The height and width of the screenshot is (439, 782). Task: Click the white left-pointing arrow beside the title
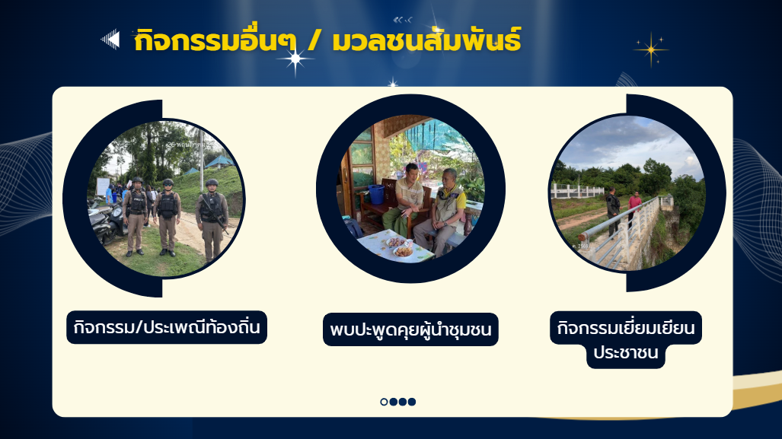click(110, 40)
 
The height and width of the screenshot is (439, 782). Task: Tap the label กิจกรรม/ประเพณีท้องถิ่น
click(167, 327)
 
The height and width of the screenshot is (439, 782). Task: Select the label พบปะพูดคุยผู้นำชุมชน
click(410, 329)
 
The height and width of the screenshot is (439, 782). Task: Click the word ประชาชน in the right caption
click(625, 352)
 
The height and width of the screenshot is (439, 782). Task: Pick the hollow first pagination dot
click(384, 402)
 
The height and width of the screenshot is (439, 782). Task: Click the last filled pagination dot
click(411, 402)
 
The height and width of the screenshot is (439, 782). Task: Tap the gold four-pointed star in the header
click(651, 49)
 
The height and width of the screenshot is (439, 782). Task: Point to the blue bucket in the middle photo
click(377, 194)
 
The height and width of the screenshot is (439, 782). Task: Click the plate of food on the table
click(403, 251)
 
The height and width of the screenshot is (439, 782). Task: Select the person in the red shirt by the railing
click(634, 208)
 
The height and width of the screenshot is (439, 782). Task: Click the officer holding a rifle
click(212, 220)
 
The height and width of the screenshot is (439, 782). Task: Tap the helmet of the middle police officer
click(168, 183)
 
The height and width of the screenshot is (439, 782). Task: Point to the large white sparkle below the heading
click(295, 59)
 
